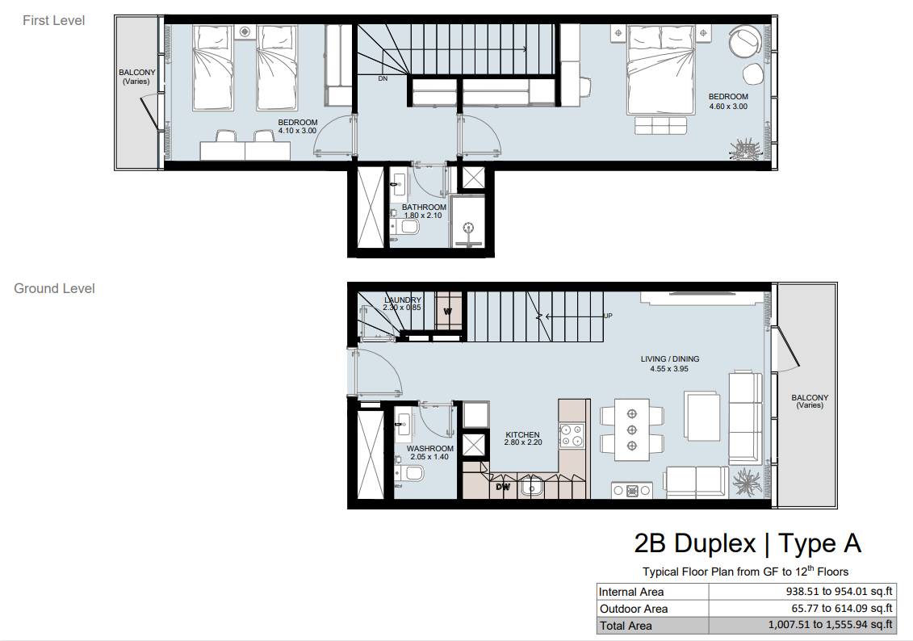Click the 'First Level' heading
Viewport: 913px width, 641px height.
point(53,20)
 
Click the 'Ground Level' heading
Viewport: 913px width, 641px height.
point(54,289)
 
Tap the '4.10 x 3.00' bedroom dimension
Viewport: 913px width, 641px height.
point(297,131)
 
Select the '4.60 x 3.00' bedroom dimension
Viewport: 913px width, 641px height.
point(728,107)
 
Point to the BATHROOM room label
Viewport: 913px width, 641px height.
point(424,207)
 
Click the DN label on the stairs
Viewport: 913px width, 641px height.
point(383,78)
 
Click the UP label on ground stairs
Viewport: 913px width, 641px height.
point(608,316)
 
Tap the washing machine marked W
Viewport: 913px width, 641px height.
point(449,311)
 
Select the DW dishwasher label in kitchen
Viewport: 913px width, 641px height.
point(503,487)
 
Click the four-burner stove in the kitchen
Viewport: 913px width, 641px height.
point(572,436)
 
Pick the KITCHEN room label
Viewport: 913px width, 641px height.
point(522,434)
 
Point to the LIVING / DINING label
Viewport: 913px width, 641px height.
point(669,359)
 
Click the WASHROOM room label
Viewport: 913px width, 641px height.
point(429,448)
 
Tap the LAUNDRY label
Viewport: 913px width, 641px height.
point(402,300)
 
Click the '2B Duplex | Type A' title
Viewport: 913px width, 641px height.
point(747,543)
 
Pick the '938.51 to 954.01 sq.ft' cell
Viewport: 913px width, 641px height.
point(839,592)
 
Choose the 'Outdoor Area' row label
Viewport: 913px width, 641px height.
point(634,609)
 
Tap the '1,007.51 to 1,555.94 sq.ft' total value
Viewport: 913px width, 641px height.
point(831,626)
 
